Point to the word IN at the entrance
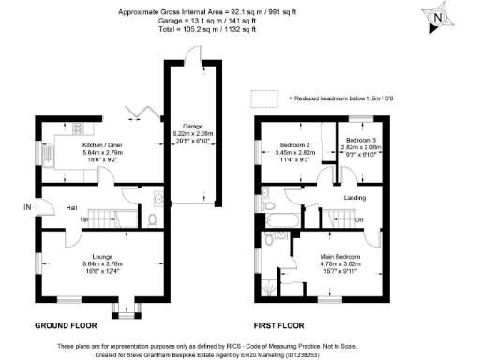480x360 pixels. point(28,206)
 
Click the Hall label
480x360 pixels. point(71,207)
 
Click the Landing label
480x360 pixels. point(354,197)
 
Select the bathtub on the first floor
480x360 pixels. point(280,221)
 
